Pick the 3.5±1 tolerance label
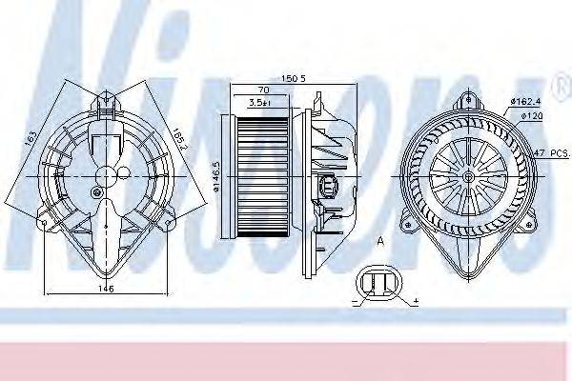(258, 103)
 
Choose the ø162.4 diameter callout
(526, 101)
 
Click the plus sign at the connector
(417, 302)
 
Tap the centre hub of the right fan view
(467, 176)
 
